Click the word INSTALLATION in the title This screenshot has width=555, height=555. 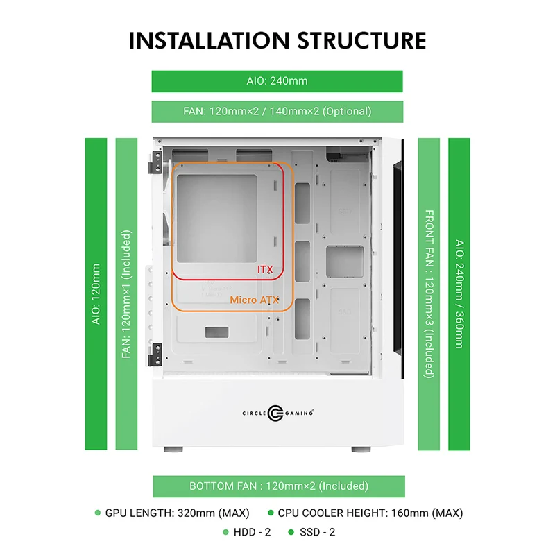click(x=210, y=40)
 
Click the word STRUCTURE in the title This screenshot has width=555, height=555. click(x=361, y=40)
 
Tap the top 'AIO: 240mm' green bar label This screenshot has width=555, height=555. click(x=277, y=81)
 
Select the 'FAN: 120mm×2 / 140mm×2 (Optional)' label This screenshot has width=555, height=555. click(x=277, y=112)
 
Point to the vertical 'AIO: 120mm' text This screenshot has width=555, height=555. click(x=96, y=294)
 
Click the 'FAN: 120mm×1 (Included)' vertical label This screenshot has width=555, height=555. click(x=126, y=294)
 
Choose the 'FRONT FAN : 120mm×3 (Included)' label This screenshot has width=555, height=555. click(x=429, y=294)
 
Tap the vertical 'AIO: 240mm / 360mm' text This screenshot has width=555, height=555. click(x=459, y=294)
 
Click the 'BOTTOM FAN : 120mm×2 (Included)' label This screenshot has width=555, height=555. click(x=279, y=486)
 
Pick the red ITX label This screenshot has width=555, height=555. click(x=265, y=270)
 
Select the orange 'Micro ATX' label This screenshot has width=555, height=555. click(x=255, y=300)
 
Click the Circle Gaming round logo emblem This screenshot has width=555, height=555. click(x=275, y=413)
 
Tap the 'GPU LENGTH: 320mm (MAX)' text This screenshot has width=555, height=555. click(x=178, y=513)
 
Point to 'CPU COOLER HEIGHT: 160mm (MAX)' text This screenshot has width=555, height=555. click(x=370, y=513)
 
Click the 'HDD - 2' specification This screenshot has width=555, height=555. click(x=252, y=532)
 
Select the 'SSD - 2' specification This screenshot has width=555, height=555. click(x=318, y=532)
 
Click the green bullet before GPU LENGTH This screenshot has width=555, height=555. click(x=98, y=513)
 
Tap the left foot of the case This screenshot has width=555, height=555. click(x=173, y=450)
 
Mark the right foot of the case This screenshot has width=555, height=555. click(x=361, y=450)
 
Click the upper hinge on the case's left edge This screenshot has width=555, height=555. click(x=155, y=162)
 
